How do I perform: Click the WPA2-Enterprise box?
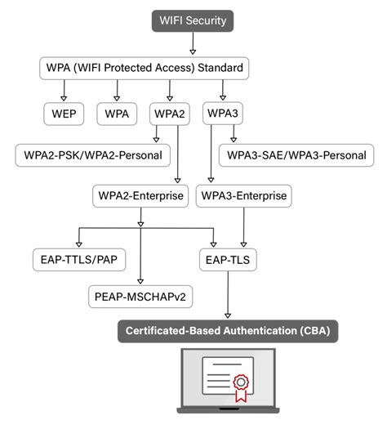[x=140, y=196]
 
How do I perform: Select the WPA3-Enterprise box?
[x=243, y=196]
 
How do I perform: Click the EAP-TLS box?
[x=228, y=261]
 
